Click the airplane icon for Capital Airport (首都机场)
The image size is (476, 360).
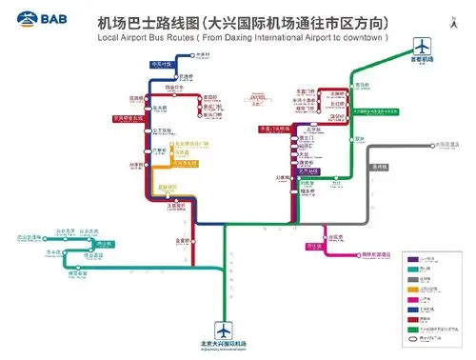[x=421, y=44]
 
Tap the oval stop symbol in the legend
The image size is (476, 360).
[x=411, y=337]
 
